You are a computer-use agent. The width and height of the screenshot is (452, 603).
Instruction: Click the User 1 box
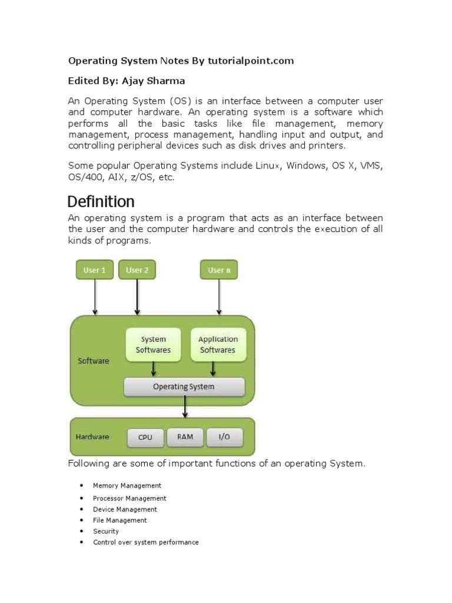point(95,270)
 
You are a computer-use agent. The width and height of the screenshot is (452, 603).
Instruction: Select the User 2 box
point(137,270)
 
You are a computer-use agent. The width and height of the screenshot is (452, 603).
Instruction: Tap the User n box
point(219,270)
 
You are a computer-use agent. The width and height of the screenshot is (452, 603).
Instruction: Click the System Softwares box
point(154,344)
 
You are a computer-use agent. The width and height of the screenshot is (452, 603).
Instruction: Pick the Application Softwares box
point(218,344)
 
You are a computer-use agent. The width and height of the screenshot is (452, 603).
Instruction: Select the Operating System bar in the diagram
point(184,387)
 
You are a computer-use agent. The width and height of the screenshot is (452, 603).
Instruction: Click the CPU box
point(145,437)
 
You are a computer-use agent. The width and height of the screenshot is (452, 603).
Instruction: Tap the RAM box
point(185,436)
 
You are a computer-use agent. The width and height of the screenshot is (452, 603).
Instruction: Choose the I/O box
point(224,437)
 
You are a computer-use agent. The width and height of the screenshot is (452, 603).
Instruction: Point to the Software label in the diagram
point(94,360)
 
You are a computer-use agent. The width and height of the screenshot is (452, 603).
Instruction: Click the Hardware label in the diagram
point(92,437)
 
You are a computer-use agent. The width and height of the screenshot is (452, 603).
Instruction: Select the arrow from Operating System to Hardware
point(185,406)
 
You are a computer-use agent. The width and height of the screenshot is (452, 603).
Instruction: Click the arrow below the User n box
point(219,297)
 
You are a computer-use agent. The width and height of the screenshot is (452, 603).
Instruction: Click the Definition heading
point(101,202)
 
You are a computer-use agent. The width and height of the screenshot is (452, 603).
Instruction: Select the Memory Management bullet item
point(127,486)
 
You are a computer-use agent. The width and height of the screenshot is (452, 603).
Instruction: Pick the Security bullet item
point(106,531)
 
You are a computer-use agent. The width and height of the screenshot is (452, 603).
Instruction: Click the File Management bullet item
point(120,520)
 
